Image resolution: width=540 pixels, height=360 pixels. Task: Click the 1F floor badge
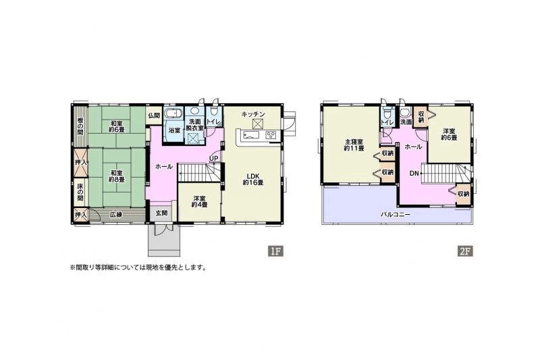pyautogui.click(x=275, y=251)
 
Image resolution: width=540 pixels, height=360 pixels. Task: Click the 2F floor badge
pyautogui.click(x=464, y=251)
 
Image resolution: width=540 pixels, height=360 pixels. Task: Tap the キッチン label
pyautogui.click(x=253, y=114)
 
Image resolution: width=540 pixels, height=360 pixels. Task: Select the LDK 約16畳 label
pyautogui.click(x=253, y=179)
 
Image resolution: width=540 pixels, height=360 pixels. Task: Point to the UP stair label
pyautogui.click(x=213, y=158)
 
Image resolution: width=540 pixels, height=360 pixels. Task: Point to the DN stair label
pyautogui.click(x=414, y=174)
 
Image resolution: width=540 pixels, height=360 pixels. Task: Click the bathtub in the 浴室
pyautogui.click(x=171, y=113)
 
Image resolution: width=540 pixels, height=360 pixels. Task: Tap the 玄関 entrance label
pyautogui.click(x=161, y=213)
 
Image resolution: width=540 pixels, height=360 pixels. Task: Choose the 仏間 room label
pyautogui.click(x=154, y=115)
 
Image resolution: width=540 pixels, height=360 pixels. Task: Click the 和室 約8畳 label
pyautogui.click(x=116, y=176)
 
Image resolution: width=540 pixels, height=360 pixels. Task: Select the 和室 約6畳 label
pyautogui.click(x=116, y=126)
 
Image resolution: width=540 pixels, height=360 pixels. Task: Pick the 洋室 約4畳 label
pyautogui.click(x=200, y=201)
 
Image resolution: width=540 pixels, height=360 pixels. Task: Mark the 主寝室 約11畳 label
pyautogui.click(x=354, y=145)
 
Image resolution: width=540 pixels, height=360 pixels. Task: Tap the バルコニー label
pyautogui.click(x=396, y=214)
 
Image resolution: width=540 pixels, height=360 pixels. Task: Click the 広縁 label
pyautogui.click(x=116, y=215)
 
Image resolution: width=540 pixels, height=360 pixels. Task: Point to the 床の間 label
pyautogui.click(x=80, y=192)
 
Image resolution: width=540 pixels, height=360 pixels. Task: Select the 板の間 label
pyautogui.click(x=80, y=126)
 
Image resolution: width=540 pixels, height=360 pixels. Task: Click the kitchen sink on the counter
pyautogui.click(x=252, y=134)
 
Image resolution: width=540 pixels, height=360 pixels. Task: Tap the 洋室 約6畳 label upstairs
pyautogui.click(x=450, y=134)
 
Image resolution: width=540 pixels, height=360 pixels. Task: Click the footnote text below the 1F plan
pyautogui.click(x=138, y=267)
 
